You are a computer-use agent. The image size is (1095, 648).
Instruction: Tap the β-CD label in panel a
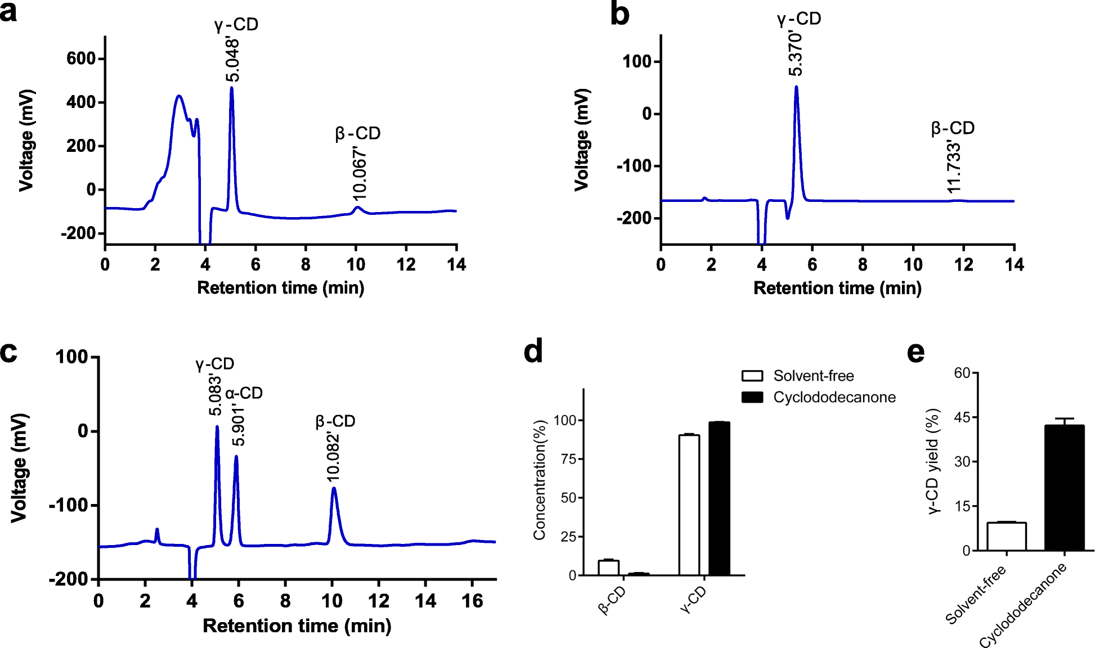(358, 134)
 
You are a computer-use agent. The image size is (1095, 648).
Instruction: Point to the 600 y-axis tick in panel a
(81, 58)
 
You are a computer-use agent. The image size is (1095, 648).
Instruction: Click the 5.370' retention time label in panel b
(796, 54)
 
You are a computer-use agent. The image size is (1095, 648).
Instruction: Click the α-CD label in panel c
(244, 393)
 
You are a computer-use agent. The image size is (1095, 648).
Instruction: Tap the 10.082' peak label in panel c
(333, 457)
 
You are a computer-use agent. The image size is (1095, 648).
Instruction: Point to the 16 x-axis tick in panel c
(472, 601)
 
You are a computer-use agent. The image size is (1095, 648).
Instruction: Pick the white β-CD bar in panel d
(608, 568)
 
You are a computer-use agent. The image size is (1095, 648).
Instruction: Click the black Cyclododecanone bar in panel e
(1064, 488)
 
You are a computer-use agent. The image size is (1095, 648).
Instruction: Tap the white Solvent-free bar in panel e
(1007, 536)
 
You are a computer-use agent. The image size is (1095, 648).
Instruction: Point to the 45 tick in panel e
(962, 417)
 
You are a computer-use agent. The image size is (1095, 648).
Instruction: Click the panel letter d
(533, 352)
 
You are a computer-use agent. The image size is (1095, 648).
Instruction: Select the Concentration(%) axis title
(540, 480)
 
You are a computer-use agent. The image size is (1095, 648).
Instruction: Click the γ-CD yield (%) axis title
(933, 461)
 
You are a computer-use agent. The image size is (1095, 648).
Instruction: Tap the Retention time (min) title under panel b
(837, 288)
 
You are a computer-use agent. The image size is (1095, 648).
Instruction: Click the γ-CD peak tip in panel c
(217, 427)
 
